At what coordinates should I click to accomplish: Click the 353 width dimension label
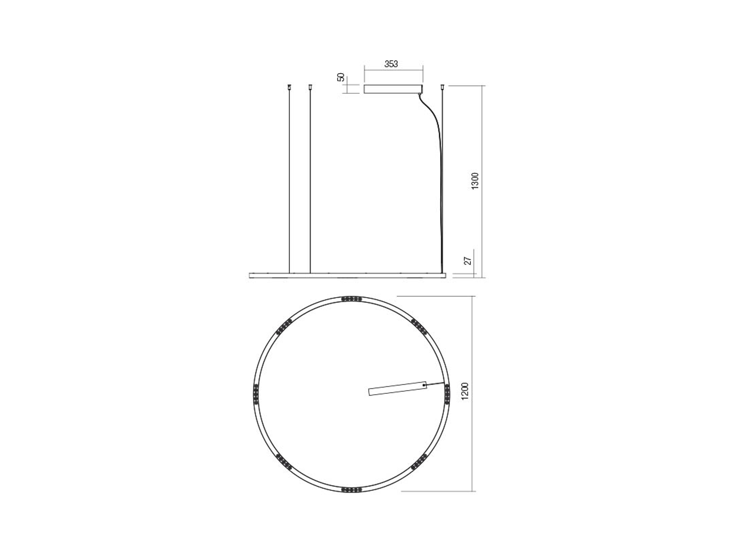[391, 63]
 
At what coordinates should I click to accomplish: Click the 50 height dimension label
[341, 77]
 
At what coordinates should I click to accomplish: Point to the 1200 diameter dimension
[465, 391]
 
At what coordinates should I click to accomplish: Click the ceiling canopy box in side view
[393, 89]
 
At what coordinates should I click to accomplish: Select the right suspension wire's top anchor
[443, 87]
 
